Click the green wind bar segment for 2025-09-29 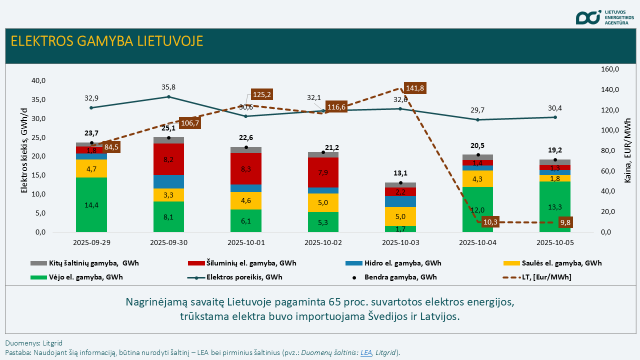[x=91, y=204]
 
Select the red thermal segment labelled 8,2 [x=168, y=159]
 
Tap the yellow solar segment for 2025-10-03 [x=400, y=216]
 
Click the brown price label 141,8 [x=414, y=88]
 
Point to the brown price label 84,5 [x=111, y=147]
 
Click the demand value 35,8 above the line [x=168, y=87]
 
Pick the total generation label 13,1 [x=400, y=173]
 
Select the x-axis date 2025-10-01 [x=246, y=243]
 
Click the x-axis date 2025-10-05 [x=555, y=243]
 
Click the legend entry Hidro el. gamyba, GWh [x=393, y=263]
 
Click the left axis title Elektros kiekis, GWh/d [x=24, y=156]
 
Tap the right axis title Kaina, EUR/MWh [x=628, y=150]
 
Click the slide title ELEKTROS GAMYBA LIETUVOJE [x=107, y=41]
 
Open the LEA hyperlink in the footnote [x=366, y=352]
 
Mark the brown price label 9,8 [x=566, y=223]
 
